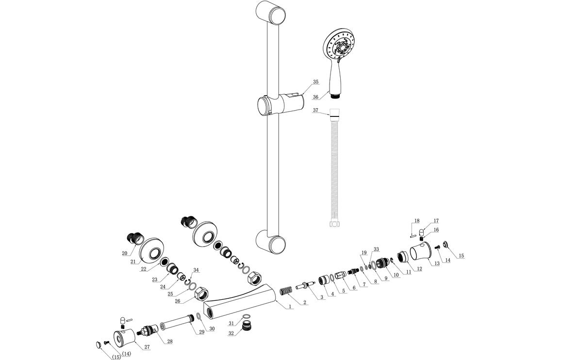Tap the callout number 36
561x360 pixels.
[x=315, y=97]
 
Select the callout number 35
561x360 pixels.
[x=315, y=82]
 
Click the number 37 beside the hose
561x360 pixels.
[x=315, y=111]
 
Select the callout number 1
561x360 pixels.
[x=290, y=307]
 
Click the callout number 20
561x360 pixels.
[x=125, y=253]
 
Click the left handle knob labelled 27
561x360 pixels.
[x=124, y=338]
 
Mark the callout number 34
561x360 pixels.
[x=197, y=270]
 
